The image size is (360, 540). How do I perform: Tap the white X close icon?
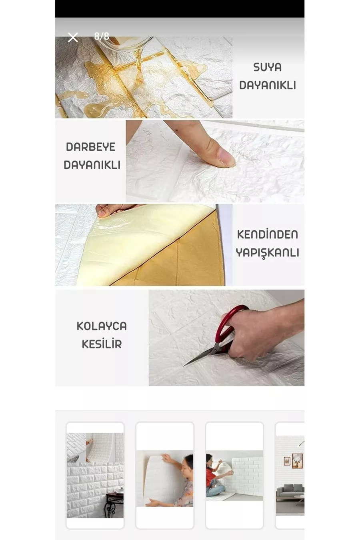pos(73,37)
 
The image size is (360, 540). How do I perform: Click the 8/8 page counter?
pos(102,36)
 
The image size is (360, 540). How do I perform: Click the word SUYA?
pos(268,67)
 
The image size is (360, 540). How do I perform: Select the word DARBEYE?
pos(91,147)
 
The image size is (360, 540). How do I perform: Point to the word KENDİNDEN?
pos(268,234)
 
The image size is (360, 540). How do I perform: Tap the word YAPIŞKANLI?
pos(268,253)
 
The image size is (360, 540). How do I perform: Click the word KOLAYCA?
pos(102,326)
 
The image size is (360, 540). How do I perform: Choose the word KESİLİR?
pos(102,344)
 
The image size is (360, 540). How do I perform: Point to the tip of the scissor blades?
pos(184,366)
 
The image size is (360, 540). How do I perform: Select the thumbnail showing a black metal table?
pos(95,475)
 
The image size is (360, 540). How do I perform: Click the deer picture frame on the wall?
pos(297,461)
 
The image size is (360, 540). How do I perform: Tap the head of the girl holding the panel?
pos(188,463)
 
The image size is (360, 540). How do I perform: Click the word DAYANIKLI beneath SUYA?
pos(268,85)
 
